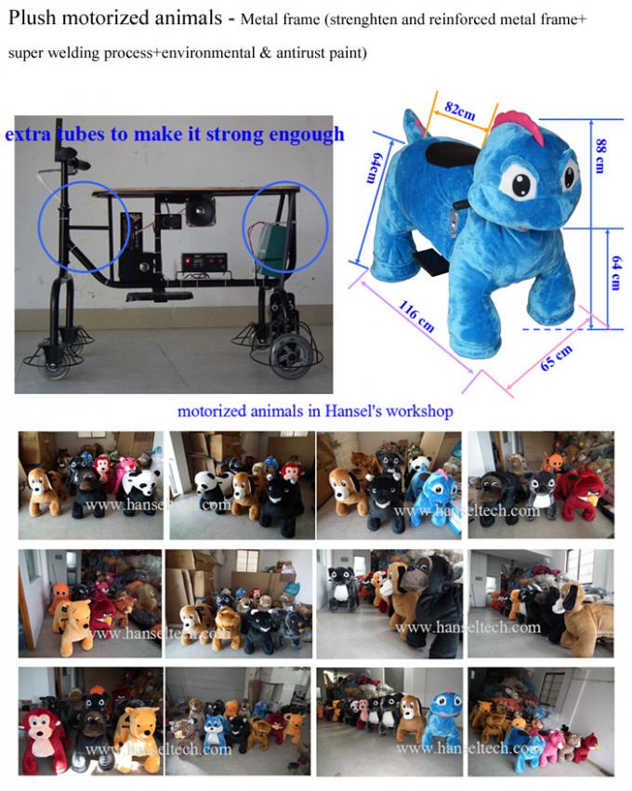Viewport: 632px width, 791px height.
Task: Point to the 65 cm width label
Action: pyautogui.click(x=558, y=357)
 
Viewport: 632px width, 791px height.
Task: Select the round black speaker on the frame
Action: pyautogui.click(x=199, y=213)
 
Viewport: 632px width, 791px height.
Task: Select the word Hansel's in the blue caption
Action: pyautogui.click(x=359, y=410)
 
